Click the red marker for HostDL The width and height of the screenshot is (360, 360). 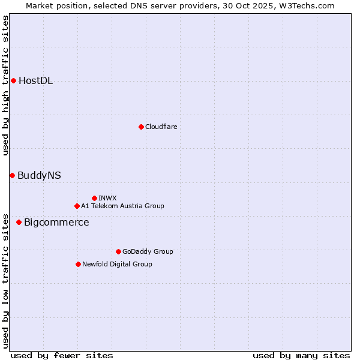coord(13,80)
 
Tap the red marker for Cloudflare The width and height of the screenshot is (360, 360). coord(141,127)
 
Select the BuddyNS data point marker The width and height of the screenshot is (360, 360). coord(12,175)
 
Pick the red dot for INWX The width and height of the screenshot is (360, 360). coord(94,198)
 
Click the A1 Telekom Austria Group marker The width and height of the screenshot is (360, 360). coord(77,206)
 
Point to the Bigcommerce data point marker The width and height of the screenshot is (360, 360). coord(19,222)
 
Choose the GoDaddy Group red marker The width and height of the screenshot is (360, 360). coord(118,251)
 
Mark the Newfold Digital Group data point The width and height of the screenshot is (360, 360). coord(78,264)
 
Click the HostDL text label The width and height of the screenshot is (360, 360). coord(35,81)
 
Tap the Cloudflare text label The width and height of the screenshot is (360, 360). coord(161,127)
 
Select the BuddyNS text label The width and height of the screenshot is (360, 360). coord(39,176)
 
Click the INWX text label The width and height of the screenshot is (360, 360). coord(107,198)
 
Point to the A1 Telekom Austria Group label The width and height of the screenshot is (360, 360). coord(122,206)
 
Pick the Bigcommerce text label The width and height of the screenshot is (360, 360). coord(56,223)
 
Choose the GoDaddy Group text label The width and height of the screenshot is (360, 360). coord(148,251)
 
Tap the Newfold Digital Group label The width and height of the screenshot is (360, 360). coord(117,264)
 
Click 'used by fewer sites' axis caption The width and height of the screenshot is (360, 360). coord(62,355)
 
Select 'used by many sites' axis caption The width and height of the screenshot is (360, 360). coord(301,355)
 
